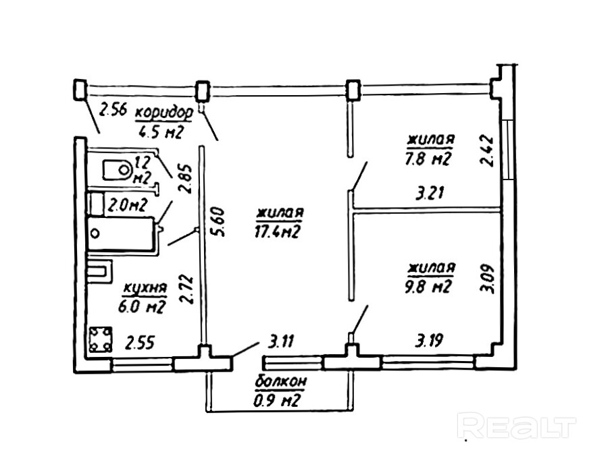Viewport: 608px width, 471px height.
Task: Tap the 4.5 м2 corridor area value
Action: pyautogui.click(x=161, y=131)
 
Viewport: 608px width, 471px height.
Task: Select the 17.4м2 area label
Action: pyautogui.click(x=278, y=231)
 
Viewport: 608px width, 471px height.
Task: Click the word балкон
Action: pyautogui.click(x=281, y=382)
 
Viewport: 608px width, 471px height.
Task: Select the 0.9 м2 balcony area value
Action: pyautogui.click(x=278, y=401)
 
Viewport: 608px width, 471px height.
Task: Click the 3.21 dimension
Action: pyautogui.click(x=430, y=195)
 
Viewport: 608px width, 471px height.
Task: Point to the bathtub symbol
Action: pyautogui.click(x=122, y=233)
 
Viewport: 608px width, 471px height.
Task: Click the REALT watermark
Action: pyautogui.click(x=517, y=426)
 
